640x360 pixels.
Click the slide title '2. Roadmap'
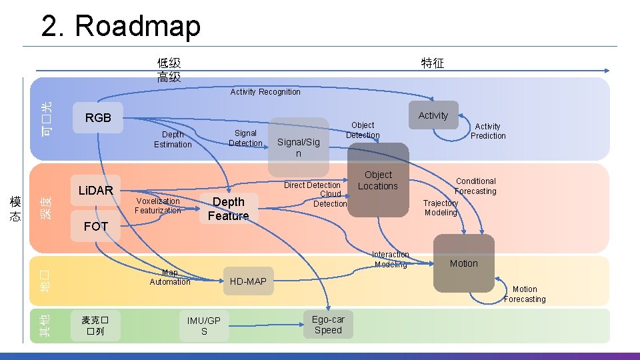pos(121,27)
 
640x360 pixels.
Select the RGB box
pos(98,118)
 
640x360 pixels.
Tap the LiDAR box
pos(96,191)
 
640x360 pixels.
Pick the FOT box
pos(96,227)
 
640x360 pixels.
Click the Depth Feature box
pos(228,209)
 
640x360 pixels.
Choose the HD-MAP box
pos(248,281)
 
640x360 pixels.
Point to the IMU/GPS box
pos(204,326)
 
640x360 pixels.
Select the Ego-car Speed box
pos(328,325)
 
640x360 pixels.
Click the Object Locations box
pos(378,181)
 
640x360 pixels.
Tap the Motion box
pos(463,263)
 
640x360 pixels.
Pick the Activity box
pos(433,115)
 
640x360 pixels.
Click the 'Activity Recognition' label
pos(265,92)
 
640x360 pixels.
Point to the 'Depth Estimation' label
pos(173,139)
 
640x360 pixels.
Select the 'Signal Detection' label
pos(245,138)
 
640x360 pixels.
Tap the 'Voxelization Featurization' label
pos(157,205)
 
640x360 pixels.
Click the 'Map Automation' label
pos(170,277)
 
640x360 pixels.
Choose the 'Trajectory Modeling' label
pos(441,208)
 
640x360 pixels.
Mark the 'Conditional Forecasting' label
pos(475,186)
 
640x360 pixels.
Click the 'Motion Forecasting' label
pos(525,294)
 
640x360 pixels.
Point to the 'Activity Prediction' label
pos(488,131)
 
